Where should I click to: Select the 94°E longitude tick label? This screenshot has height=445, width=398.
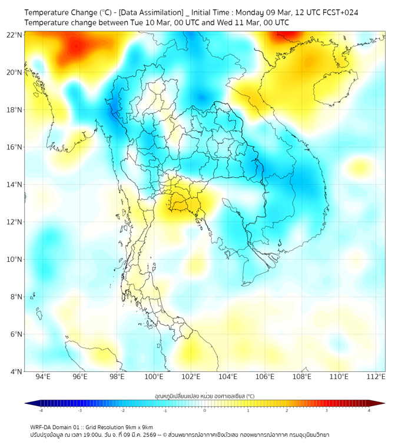[x=43, y=377]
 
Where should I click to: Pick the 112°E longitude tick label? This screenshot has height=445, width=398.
[x=376, y=377]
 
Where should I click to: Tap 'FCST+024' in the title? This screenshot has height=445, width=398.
[x=340, y=12]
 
